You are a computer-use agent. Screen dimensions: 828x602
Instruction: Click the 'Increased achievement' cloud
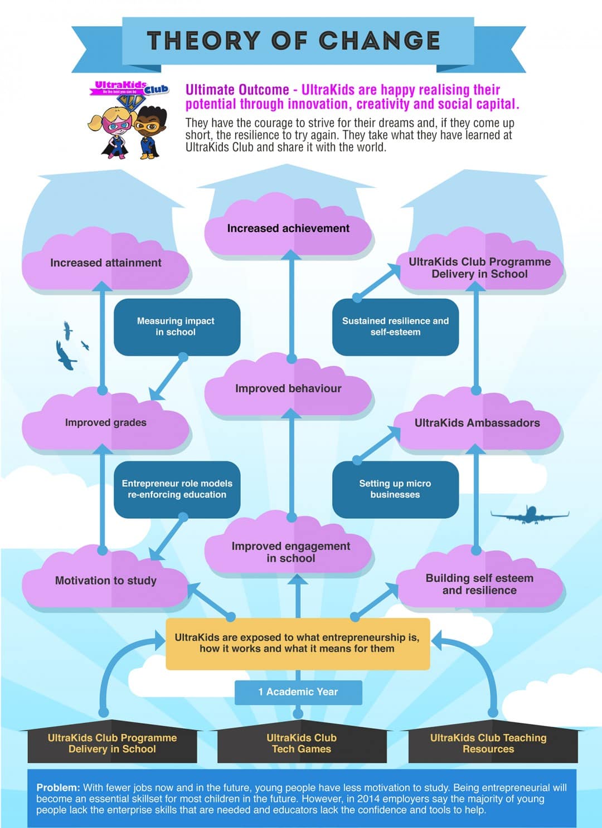(x=288, y=228)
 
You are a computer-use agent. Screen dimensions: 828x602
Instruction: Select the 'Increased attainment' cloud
(x=105, y=263)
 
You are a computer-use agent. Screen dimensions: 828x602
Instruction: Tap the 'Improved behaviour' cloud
(x=288, y=389)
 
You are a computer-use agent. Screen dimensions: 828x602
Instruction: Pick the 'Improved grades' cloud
(x=105, y=423)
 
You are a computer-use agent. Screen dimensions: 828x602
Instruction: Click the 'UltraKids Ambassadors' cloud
(x=477, y=423)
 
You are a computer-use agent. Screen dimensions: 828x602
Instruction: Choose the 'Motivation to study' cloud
(x=105, y=581)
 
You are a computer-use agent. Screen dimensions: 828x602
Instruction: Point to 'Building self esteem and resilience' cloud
(x=479, y=584)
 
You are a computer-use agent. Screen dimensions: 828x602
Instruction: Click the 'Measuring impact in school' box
(x=176, y=327)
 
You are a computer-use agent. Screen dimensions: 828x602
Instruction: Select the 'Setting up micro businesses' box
(x=395, y=489)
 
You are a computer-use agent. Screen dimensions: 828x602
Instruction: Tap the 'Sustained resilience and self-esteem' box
(x=395, y=327)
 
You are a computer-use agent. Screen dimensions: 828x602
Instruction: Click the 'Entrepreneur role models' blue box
(x=177, y=489)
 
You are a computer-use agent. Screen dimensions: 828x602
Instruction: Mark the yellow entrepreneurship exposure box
(x=297, y=643)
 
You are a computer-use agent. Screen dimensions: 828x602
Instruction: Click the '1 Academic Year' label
(x=298, y=692)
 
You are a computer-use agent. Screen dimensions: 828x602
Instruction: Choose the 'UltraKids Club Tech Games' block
(x=301, y=744)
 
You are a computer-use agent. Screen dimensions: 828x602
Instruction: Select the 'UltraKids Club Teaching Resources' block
(x=488, y=744)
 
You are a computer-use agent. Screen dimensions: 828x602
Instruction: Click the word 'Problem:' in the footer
(x=59, y=788)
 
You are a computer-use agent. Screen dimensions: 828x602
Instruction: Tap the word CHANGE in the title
(x=380, y=41)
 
